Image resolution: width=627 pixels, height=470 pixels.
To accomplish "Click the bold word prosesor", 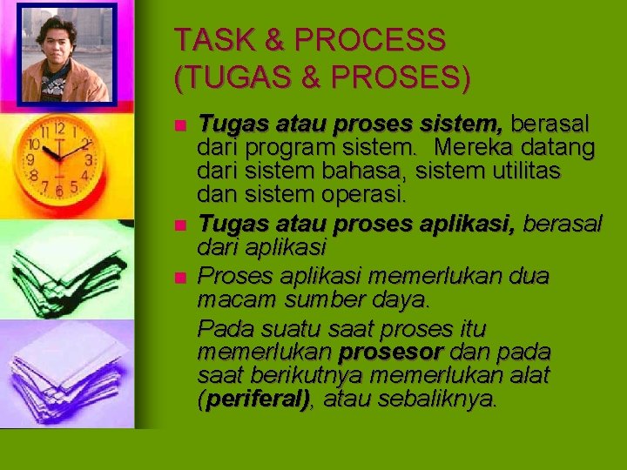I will pyautogui.click(x=391, y=352).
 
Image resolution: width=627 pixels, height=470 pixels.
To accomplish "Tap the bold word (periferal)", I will pyautogui.click(x=255, y=399).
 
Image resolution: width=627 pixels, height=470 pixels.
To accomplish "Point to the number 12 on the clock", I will pyautogui.click(x=57, y=128).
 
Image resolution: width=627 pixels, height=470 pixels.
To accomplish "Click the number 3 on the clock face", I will pyautogui.click(x=89, y=161).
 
